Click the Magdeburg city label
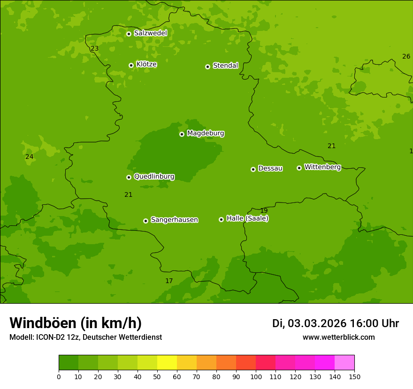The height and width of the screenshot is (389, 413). pos(206,134)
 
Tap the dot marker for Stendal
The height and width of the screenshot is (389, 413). pos(207,67)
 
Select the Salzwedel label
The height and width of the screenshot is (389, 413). pos(150,33)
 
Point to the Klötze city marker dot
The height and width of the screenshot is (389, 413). pos(131,66)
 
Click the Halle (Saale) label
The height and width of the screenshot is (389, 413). pos(247,218)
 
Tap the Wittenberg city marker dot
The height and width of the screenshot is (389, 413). pos(299,168)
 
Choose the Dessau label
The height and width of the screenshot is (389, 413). pos(270,168)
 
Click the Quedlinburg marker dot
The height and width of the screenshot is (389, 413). pos(129,177)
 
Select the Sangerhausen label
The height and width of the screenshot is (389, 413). pos(174,220)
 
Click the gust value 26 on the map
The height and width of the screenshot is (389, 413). pos(406,57)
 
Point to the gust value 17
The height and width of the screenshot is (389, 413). pos(169,281)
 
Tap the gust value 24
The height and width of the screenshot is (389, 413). pos(29,157)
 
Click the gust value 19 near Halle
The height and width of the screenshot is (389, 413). pos(264,211)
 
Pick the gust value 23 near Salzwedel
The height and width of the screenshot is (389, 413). pos(95,49)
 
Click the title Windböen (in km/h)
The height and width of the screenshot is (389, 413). pos(76,323)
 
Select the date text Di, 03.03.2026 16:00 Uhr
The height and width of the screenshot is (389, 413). pos(335,323)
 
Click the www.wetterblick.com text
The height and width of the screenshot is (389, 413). pos(338,337)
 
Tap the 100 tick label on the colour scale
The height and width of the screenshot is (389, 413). pos(256,376)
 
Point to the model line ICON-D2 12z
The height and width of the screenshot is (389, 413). pos(85,337)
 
